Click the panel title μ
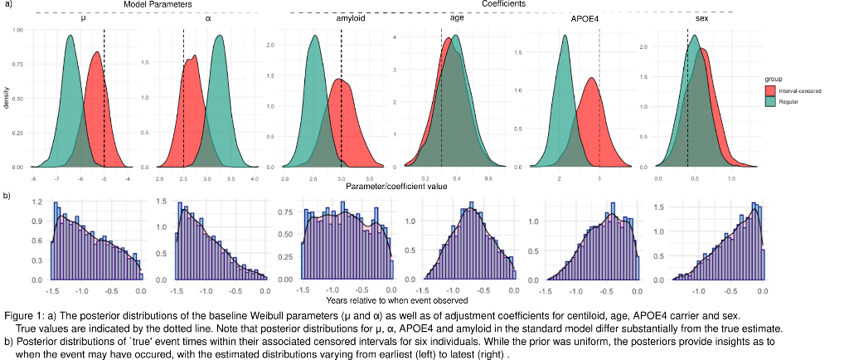84,17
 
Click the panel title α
207,17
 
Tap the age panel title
457,17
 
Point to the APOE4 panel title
585,17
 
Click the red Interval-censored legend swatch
769,90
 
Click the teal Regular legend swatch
769,100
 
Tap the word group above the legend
774,79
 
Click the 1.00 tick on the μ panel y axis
17,29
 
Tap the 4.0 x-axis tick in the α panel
255,178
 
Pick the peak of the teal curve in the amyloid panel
314,36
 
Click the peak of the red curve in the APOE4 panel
591,78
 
